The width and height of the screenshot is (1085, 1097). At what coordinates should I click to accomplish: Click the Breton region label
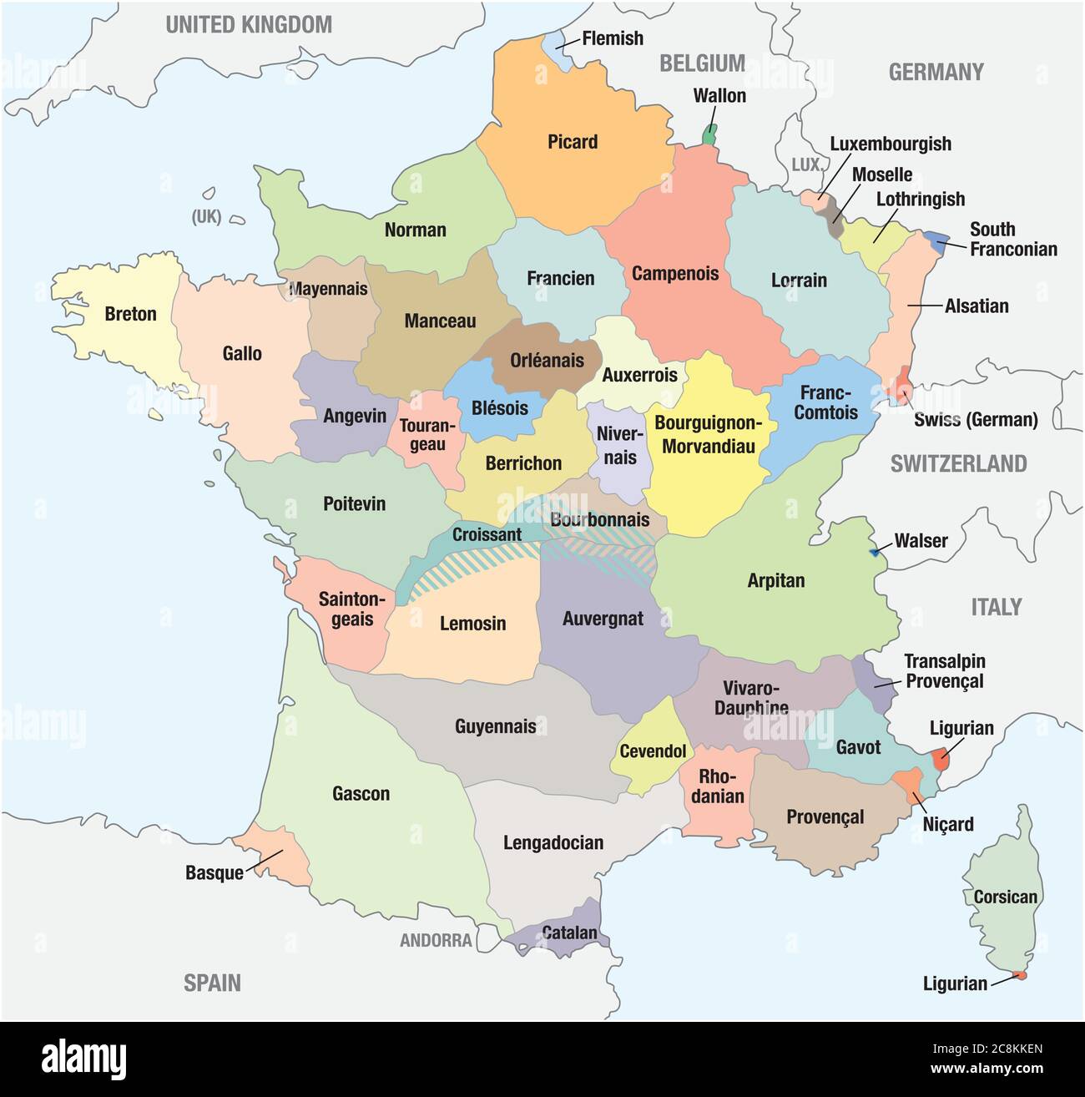coord(130,315)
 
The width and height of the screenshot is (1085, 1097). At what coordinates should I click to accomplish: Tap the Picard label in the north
coord(573,142)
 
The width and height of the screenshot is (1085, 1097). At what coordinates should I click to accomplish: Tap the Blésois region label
coord(500,407)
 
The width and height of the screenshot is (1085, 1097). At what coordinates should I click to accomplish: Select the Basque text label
coord(214,873)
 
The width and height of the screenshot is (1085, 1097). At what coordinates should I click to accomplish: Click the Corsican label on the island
coord(1006,897)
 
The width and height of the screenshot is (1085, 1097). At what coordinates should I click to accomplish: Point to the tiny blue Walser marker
coord(875,552)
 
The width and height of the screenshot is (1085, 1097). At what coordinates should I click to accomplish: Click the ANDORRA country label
coord(436,941)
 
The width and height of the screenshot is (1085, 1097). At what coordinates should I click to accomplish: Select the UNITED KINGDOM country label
coord(249,25)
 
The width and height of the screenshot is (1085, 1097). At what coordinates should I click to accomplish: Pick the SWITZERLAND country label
coord(958,464)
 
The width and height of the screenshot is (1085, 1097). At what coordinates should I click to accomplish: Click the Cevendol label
coord(653,751)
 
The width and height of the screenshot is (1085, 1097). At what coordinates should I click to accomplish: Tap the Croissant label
coord(487,534)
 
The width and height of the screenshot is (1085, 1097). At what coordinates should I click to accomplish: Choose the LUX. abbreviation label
coord(807,165)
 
